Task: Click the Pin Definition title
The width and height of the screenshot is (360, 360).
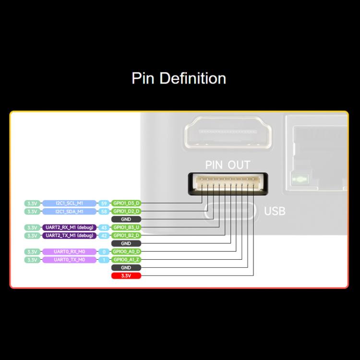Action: [x=179, y=78]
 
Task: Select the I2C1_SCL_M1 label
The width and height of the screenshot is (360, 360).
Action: [x=69, y=203]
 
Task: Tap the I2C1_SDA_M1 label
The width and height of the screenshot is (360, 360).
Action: [x=69, y=211]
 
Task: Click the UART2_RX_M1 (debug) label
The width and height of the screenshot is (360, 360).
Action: [x=69, y=228]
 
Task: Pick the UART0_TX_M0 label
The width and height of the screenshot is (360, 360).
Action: [x=69, y=260]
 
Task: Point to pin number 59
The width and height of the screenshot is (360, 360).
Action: [x=103, y=203]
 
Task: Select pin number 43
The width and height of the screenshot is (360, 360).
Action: [x=103, y=228]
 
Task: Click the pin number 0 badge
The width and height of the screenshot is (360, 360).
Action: [x=103, y=252]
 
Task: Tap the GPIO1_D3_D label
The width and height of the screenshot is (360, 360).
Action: [x=126, y=203]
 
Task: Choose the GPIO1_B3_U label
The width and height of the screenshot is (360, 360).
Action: [x=126, y=228]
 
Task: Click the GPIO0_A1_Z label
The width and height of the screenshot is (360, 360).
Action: [x=126, y=260]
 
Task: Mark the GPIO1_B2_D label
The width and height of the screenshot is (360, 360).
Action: [x=126, y=236]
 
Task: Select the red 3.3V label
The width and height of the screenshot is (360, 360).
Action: [x=126, y=276]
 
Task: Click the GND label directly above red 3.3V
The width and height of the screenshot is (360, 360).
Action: [x=126, y=268]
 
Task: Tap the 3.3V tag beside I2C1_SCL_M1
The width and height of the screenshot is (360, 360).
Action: [x=32, y=203]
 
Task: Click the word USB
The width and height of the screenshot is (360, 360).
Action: [x=275, y=211]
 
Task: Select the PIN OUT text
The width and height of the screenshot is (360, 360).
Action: [x=228, y=165]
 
